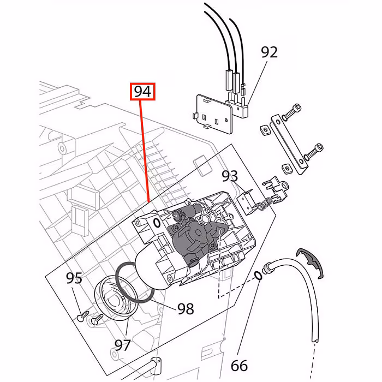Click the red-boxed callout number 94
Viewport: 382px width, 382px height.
click(x=142, y=92)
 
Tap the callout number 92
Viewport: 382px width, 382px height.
click(x=269, y=52)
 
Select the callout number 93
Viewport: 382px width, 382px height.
click(x=230, y=176)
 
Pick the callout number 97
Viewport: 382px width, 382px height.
click(x=123, y=345)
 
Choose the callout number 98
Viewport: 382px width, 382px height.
click(x=186, y=309)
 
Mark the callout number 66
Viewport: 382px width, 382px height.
click(x=239, y=365)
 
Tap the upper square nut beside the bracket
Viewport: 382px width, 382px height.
click(x=264, y=129)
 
